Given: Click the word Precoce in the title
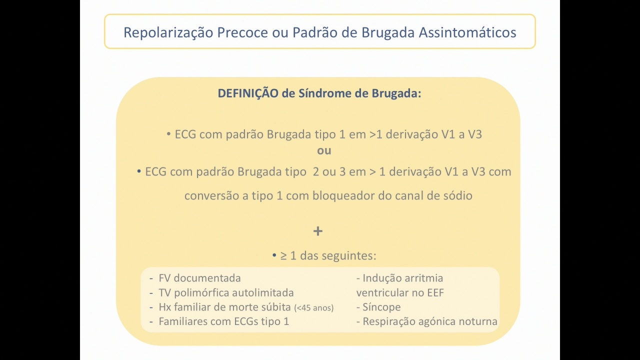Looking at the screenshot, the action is pos(242,32).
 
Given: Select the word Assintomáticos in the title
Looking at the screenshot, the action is pos(467,32).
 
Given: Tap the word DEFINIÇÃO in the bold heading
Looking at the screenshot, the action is pos(248,93).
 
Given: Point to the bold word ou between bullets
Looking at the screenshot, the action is pos(324,151).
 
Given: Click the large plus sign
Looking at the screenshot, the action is pos(318,231).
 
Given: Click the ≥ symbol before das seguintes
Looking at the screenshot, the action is pos(283,255).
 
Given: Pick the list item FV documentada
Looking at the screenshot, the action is pos(199,278).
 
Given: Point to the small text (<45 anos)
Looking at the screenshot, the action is pos(313,307).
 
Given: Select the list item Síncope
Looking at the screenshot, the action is pos(381,307).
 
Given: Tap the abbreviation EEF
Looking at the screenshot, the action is pos(435,293).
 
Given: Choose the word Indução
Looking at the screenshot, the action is pos(381,278).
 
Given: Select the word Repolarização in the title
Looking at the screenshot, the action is pos(168,32).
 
